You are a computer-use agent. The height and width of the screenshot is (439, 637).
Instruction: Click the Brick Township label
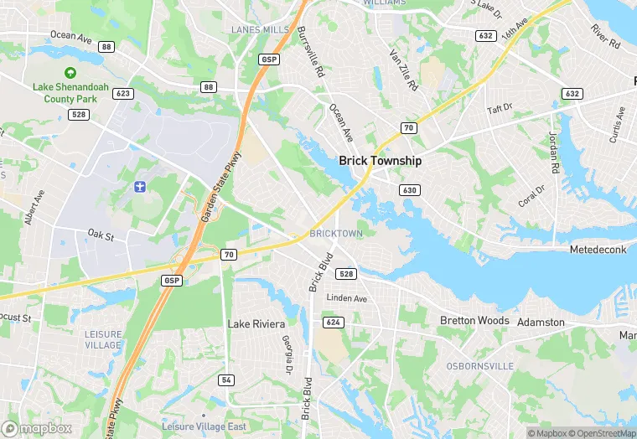click(x=380, y=160)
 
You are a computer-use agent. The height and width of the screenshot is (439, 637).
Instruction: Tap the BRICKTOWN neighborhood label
click(x=336, y=232)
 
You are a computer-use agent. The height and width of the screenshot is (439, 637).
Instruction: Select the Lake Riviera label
click(x=256, y=323)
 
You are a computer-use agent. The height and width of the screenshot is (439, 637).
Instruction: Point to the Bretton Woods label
click(x=474, y=320)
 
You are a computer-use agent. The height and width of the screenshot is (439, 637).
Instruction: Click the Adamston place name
click(x=541, y=322)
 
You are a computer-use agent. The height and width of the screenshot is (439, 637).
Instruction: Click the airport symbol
click(x=139, y=184)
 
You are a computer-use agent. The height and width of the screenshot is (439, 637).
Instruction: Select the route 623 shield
click(x=123, y=94)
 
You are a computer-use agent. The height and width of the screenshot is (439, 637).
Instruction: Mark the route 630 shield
click(x=409, y=190)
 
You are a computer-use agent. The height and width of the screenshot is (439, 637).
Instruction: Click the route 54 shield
click(x=226, y=380)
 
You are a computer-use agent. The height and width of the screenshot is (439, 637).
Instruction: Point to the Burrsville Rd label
click(x=310, y=52)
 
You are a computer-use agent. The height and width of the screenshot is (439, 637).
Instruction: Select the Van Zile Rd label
click(x=403, y=70)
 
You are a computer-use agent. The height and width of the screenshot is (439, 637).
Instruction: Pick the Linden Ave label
click(x=347, y=298)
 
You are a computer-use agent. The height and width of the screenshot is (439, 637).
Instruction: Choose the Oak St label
click(x=100, y=235)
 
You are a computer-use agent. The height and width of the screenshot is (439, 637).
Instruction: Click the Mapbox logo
click(x=36, y=427)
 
